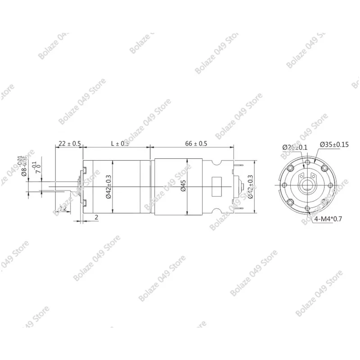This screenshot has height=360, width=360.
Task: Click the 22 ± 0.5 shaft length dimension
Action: pos(67,144)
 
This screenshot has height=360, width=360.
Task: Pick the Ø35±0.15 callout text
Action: pos(334,144)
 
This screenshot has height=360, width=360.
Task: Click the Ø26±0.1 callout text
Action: pos(295,147)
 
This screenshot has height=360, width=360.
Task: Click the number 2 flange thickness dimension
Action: pos(97,217)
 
